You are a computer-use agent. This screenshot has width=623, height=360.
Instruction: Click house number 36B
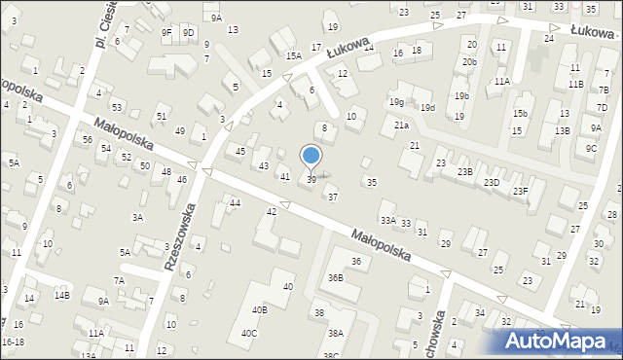336,278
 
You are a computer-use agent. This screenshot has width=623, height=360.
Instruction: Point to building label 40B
260,309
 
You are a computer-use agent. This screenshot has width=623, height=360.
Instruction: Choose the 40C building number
249,334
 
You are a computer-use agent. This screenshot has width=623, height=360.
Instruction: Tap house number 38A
335,333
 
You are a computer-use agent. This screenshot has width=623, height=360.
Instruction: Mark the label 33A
387,221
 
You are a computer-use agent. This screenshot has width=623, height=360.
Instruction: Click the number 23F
521,191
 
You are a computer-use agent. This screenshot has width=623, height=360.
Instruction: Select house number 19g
396,101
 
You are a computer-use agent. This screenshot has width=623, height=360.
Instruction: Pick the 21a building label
401,125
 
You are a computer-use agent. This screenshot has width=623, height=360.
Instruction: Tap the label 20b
469,62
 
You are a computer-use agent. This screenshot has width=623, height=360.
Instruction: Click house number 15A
293,56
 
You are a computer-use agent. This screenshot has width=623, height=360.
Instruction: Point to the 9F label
166,33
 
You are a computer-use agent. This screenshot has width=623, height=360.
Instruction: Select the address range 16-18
14,342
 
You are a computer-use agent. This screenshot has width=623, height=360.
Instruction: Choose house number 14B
61,295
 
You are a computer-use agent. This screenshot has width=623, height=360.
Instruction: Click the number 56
88,140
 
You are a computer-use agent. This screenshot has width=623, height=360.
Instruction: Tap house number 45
240,151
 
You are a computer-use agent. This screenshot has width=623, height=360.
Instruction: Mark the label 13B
563,130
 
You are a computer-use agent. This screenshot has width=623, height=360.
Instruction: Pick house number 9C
592,148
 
